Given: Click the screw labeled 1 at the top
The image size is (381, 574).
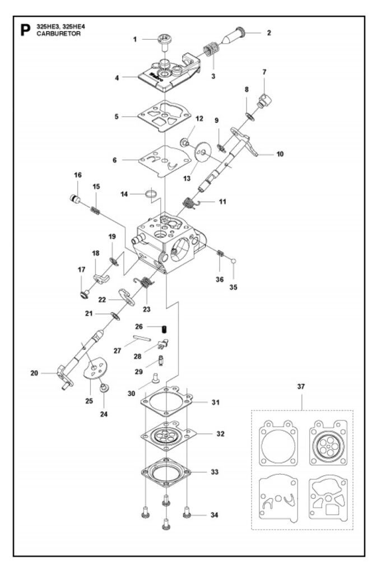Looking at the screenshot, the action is (x=165, y=41).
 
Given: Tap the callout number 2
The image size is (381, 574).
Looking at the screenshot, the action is (x=269, y=33).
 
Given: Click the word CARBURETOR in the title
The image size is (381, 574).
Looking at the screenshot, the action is (x=59, y=34).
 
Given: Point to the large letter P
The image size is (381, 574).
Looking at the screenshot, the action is (x=25, y=30).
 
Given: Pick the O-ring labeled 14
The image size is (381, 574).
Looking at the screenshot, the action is (x=151, y=193).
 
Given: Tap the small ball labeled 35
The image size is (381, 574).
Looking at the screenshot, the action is (x=234, y=261).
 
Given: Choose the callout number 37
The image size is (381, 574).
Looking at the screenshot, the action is (x=301, y=387).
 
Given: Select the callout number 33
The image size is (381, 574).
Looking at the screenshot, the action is (x=215, y=472).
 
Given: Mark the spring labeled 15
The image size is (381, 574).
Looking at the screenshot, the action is (x=95, y=211).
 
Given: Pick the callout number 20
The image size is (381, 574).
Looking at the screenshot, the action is (x=34, y=373).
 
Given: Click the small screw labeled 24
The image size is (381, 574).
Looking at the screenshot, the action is (x=104, y=387).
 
